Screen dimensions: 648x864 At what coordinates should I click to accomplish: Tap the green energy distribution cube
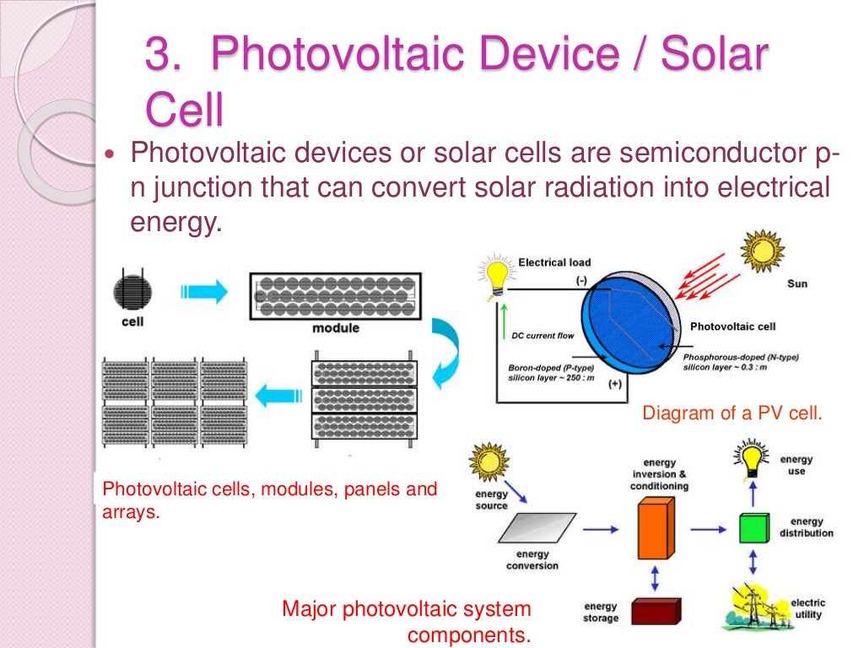754,528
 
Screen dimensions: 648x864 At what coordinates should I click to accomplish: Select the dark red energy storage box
655,610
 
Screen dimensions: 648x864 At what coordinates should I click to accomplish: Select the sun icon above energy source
490,462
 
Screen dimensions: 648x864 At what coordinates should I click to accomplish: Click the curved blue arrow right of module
446,351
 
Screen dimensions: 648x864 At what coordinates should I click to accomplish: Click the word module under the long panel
335,327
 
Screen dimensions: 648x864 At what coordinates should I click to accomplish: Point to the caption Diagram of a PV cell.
732,413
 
